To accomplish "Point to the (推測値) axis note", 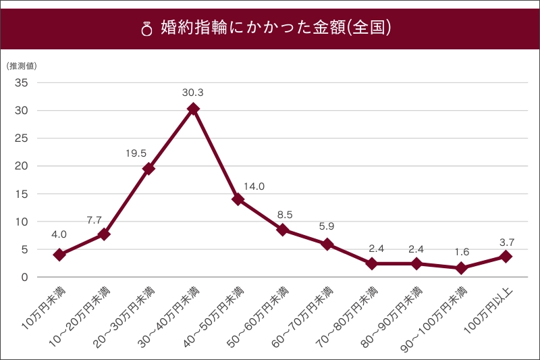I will (x=22, y=66).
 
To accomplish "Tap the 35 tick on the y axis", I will (x=20, y=82).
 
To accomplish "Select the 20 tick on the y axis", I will (x=20, y=166).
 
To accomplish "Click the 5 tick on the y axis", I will (x=23, y=249).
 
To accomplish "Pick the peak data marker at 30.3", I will (x=194, y=109).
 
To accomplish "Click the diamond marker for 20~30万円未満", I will (x=149, y=169).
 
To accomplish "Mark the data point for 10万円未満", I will (x=59, y=255).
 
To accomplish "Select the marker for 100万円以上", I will (x=506, y=257).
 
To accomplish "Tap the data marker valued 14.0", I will (x=238, y=199).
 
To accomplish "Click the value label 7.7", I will (x=94, y=220).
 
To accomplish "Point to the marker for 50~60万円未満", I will (x=283, y=230).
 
